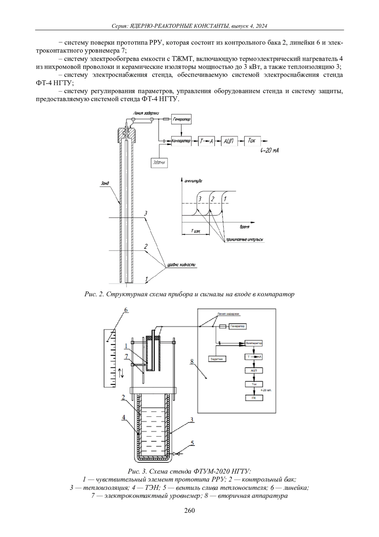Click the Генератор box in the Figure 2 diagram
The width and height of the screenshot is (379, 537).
point(181,120)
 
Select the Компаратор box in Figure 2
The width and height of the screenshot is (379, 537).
point(181,141)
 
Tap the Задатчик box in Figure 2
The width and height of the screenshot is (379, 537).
point(159,163)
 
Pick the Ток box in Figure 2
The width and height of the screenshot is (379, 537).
point(252,141)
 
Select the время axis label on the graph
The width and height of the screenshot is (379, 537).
point(244,227)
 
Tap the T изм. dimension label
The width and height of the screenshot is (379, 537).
point(196,231)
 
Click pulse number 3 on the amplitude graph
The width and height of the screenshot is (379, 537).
point(200,199)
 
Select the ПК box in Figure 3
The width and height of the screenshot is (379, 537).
point(254,398)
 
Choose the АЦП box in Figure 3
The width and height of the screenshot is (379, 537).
point(254,370)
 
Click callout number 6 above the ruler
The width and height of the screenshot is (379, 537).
point(126,310)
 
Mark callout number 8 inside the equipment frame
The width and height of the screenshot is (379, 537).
point(192,361)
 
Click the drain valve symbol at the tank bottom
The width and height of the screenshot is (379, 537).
point(177,454)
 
